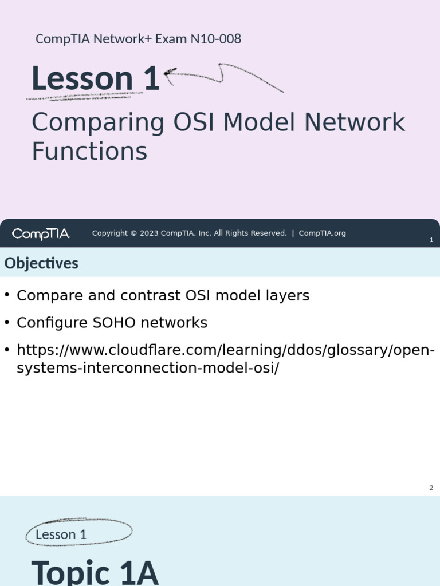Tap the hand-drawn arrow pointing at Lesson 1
(x=223, y=73)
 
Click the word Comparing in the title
(x=98, y=124)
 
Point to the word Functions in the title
(x=89, y=152)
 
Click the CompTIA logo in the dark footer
(x=41, y=233)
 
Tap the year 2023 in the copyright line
(x=149, y=233)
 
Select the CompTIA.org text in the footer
(x=322, y=233)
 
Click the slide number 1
(x=431, y=240)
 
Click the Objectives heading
(x=41, y=263)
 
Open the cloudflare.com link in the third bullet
(x=225, y=350)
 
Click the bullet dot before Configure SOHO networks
(x=7, y=322)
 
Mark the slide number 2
(x=431, y=488)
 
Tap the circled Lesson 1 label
(x=61, y=534)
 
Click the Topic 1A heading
(x=95, y=572)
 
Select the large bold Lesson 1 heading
(x=95, y=78)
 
